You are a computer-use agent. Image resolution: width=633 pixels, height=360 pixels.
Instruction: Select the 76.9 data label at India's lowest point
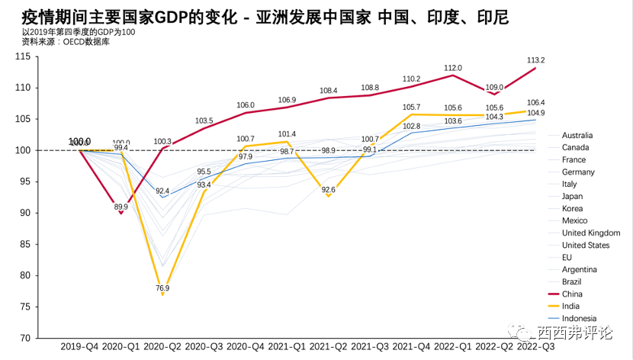[162, 288]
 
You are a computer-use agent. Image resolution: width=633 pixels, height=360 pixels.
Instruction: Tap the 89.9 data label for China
[121, 207]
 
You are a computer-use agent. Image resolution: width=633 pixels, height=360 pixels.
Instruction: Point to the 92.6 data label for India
[328, 189]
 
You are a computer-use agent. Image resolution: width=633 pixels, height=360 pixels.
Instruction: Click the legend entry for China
[573, 294]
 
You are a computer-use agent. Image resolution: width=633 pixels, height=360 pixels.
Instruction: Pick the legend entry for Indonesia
[579, 318]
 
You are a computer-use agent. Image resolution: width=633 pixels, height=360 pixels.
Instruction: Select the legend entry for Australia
[577, 135]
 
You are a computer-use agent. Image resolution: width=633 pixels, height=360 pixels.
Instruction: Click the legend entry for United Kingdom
[590, 233]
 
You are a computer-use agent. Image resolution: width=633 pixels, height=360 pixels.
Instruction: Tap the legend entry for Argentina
[579, 269]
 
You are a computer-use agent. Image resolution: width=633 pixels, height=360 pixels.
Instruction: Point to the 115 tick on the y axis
[43, 56]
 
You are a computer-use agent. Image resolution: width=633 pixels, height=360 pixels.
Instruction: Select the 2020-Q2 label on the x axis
[162, 347]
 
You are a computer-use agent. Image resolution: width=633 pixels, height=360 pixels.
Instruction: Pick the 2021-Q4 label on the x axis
[411, 347]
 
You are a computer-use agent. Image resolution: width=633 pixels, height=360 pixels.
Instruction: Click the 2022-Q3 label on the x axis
[535, 347]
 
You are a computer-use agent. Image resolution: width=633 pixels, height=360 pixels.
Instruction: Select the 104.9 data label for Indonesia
[535, 113]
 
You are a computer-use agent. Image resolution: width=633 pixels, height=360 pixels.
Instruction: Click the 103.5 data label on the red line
[204, 120]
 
